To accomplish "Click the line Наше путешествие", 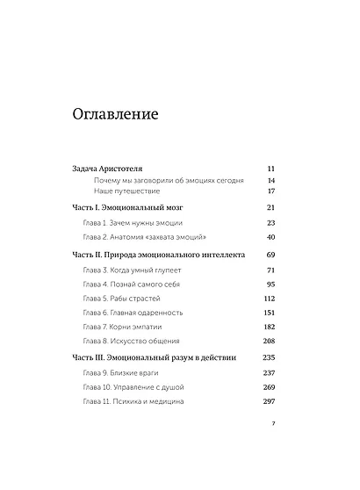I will (124, 191).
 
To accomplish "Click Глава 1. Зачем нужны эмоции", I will (131, 223).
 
